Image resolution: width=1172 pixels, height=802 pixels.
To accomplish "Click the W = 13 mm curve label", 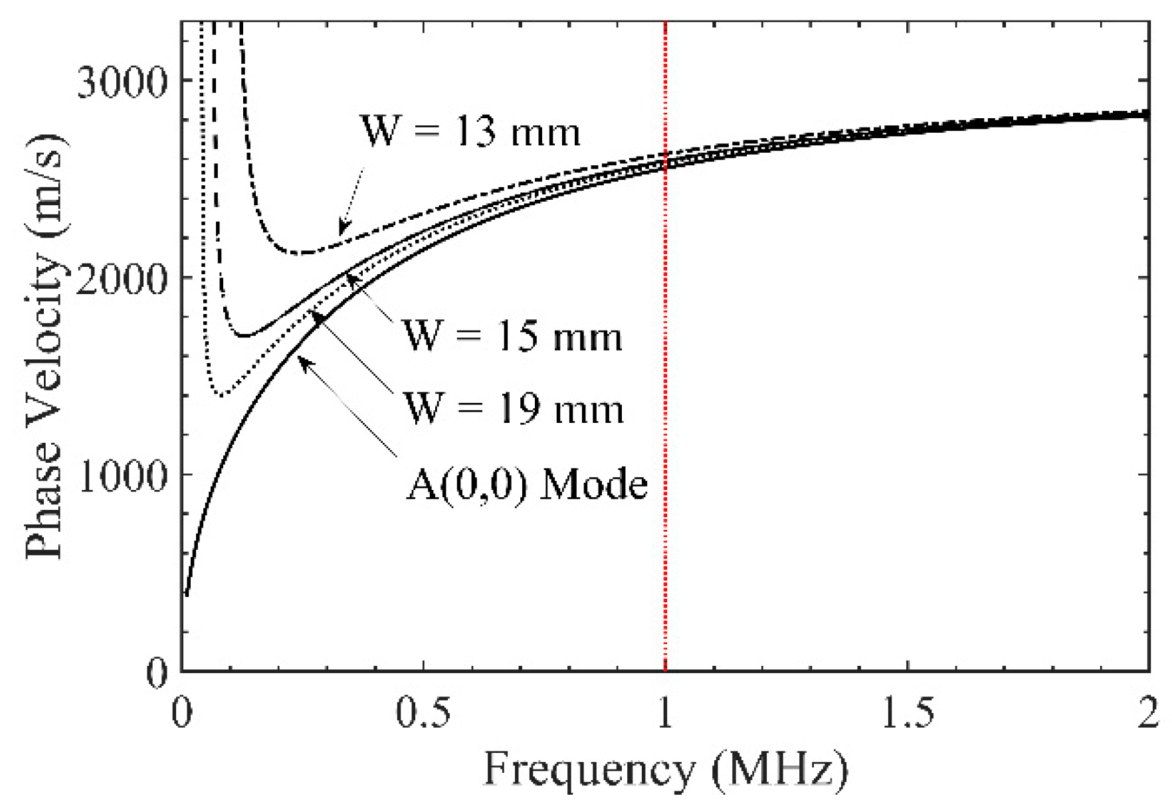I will pyautogui.click(x=470, y=131).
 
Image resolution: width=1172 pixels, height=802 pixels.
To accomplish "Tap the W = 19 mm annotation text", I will pyautogui.click(x=514, y=408).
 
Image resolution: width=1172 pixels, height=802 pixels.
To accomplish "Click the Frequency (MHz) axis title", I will pyautogui.click(x=665, y=771).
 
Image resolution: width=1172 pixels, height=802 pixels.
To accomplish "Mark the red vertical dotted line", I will pyautogui.click(x=665, y=398).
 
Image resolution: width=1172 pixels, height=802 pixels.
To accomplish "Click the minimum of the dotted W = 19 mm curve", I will pyautogui.click(x=222, y=395).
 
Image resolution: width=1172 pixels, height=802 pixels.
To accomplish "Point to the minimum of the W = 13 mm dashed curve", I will pyautogui.click(x=302, y=253).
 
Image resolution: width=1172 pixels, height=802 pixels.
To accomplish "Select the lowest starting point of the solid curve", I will pyautogui.click(x=187, y=595).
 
